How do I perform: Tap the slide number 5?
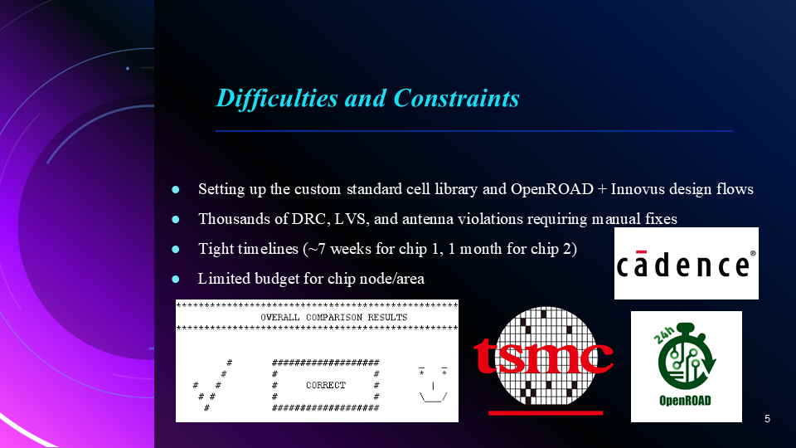(767, 419)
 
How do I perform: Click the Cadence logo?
(686, 265)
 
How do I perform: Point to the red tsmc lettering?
(543, 355)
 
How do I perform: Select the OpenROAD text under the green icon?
(686, 401)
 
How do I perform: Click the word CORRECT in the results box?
(325, 385)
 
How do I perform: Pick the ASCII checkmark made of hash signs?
(212, 385)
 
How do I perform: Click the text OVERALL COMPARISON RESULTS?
(334, 318)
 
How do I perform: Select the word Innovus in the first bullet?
(638, 189)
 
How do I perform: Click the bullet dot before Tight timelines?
(175, 249)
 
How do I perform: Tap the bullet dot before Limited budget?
(175, 279)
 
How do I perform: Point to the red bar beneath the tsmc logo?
(545, 411)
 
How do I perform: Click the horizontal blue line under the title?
(473, 131)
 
